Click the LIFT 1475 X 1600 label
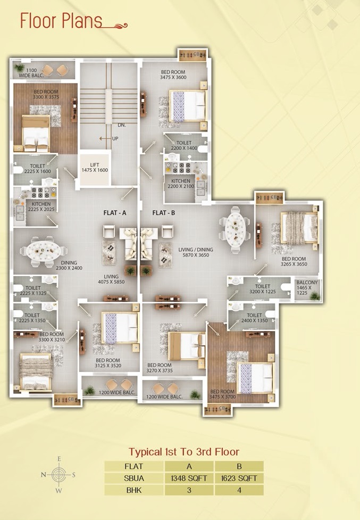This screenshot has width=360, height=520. click(x=95, y=168)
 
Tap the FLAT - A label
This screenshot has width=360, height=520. click(x=114, y=213)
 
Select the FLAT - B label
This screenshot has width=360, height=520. click(x=164, y=213)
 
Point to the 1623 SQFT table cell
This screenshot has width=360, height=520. click(x=239, y=478)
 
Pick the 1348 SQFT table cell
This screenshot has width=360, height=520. click(x=189, y=478)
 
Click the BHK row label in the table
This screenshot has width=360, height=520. click(x=134, y=490)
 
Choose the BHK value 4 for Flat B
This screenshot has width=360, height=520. click(x=239, y=490)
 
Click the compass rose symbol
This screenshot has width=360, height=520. click(x=58, y=475)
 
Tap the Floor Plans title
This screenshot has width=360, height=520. click(x=61, y=21)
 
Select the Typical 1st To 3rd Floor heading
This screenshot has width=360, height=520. click(x=184, y=452)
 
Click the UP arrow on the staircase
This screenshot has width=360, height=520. click(x=105, y=138)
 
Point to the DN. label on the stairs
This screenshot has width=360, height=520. click(x=122, y=126)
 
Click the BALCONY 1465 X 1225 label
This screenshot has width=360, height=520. click(x=307, y=287)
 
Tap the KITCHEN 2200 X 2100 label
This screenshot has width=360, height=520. click(x=181, y=184)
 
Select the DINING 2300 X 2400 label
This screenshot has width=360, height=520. click(x=69, y=265)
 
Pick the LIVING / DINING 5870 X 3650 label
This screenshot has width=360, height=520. click(x=195, y=252)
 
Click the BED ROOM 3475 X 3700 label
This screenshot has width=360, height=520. click(x=222, y=394)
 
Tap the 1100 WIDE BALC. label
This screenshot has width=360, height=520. click(x=31, y=73)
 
